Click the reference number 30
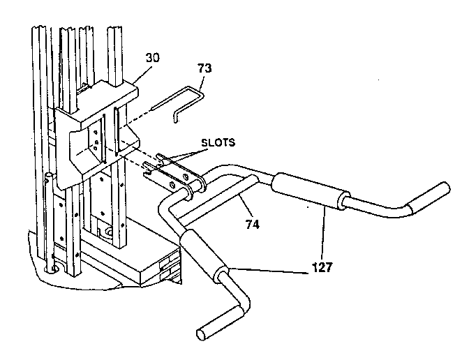153,58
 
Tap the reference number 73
205,68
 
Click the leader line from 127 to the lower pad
272,272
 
